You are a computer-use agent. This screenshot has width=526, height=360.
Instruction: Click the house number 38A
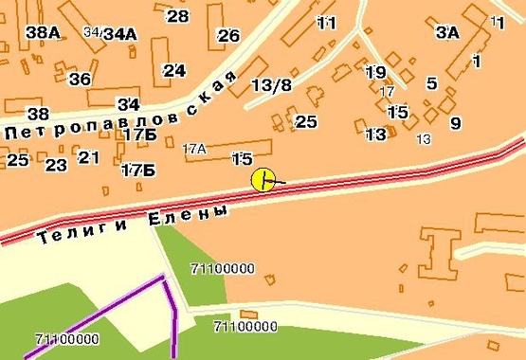click(x=43, y=32)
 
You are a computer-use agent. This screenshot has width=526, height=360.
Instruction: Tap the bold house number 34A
click(x=120, y=34)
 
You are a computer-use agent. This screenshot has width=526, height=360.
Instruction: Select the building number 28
click(x=177, y=15)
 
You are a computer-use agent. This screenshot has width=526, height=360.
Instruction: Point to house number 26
click(x=228, y=36)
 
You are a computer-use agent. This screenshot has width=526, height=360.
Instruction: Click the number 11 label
click(x=326, y=22)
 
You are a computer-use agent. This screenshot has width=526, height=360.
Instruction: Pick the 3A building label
click(x=447, y=31)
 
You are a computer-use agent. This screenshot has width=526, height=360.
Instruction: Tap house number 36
click(x=80, y=79)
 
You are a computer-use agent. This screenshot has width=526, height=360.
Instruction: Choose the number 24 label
click(x=174, y=70)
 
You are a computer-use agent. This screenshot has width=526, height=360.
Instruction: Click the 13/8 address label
click(x=272, y=84)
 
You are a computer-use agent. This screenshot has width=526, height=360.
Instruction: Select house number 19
click(x=375, y=72)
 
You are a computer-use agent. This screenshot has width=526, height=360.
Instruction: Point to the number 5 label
click(x=431, y=83)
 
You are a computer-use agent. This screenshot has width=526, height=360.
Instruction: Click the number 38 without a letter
click(x=36, y=114)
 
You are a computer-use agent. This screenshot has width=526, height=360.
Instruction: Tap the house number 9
click(x=455, y=122)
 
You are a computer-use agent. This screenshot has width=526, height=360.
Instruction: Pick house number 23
click(x=56, y=166)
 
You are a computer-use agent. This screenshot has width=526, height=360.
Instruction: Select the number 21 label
click(x=88, y=157)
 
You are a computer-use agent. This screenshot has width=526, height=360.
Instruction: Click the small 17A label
click(x=194, y=148)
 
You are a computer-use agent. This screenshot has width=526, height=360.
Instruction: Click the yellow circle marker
click(x=263, y=179)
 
